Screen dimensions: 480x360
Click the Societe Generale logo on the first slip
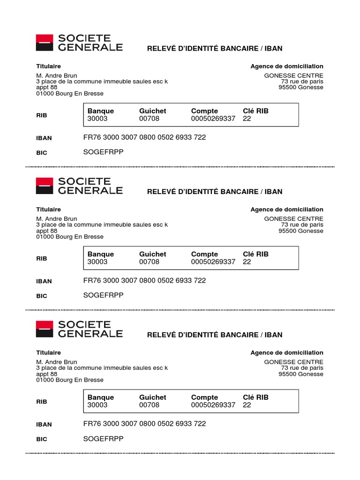point(79,43)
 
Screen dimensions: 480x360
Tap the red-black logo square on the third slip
point(45,329)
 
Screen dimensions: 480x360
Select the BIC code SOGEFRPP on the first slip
point(103,152)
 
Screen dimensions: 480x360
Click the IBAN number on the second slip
point(144,280)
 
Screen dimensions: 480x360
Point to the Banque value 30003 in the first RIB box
point(97,119)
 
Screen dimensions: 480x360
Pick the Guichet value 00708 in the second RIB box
point(149,262)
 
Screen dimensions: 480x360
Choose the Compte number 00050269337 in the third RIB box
point(213,405)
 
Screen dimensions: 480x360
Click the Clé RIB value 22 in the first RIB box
point(247,119)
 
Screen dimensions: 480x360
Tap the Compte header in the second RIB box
point(204,254)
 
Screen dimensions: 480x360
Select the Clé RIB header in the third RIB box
point(255,397)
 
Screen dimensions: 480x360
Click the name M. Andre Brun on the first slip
point(57,75)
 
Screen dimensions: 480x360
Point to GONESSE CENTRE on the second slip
point(293,218)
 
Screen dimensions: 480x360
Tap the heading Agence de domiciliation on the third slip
point(287,352)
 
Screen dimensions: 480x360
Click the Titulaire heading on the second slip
point(48,210)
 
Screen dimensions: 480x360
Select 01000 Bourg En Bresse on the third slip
point(70,380)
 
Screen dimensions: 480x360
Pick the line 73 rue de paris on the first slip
point(302,82)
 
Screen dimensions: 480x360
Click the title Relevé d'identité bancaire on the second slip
point(215,192)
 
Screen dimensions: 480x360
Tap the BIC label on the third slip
point(42,439)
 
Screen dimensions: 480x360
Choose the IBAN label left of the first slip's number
point(44,138)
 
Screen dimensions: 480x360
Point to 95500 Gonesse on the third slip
point(300,374)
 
